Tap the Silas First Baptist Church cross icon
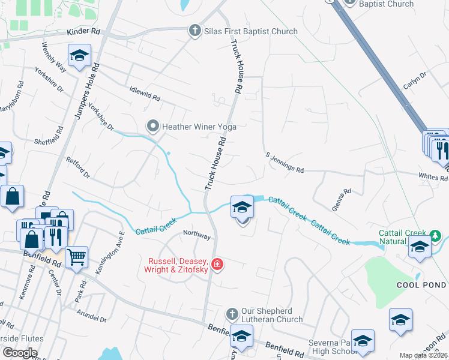pos(194,31)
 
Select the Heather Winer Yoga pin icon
pos(153,126)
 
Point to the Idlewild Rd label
pos(145,97)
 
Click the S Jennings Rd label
pos(285,163)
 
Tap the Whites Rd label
pos(435,177)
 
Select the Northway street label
pos(197,235)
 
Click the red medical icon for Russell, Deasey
pos(217,264)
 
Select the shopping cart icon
pos(76,258)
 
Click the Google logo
pos(19,353)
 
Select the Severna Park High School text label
pos(332,347)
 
